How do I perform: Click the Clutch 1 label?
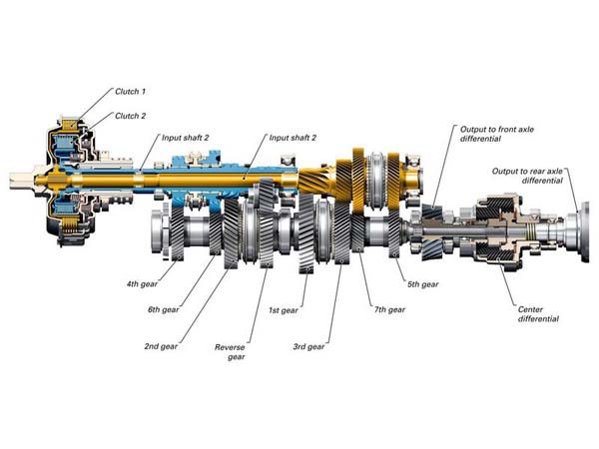[130, 92]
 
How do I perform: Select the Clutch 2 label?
[130, 116]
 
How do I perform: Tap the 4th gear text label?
[142, 284]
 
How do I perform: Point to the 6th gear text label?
[163, 309]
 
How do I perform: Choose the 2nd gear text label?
[161, 346]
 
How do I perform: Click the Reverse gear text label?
[230, 352]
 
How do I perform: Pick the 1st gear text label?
[284, 310]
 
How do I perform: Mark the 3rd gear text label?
[308, 346]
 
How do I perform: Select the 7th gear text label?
[389, 309]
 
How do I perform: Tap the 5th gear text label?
[423, 284]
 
